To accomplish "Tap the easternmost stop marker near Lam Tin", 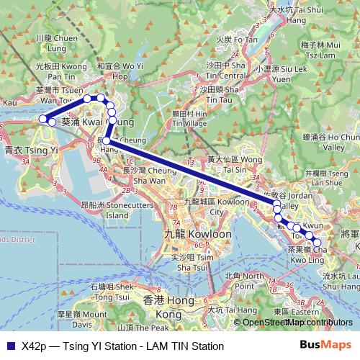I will coord(318,242).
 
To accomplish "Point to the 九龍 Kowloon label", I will coord(198,235).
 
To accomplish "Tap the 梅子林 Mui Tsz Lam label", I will coord(318,49).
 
